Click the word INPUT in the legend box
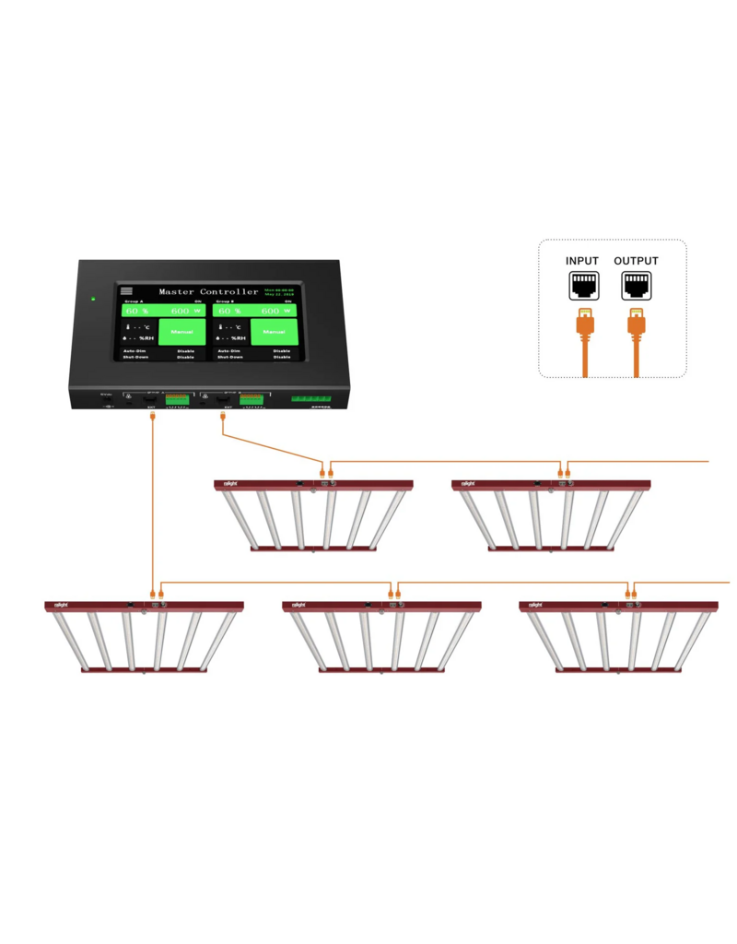[582, 262]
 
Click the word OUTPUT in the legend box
[636, 262]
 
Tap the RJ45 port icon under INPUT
[582, 287]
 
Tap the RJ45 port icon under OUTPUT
[636, 287]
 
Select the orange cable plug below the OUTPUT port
[636, 324]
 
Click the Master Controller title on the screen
[209, 292]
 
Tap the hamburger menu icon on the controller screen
[126, 290]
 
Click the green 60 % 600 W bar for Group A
[164, 311]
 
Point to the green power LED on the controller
[92, 298]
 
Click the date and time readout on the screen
[279, 292]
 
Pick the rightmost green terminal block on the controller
[311, 399]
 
